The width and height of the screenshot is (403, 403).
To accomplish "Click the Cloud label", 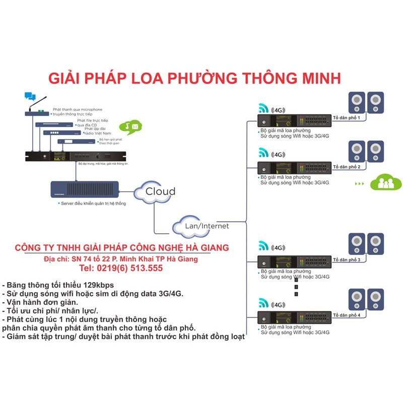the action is [x=160, y=191].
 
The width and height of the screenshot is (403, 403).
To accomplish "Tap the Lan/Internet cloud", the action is [x=200, y=226].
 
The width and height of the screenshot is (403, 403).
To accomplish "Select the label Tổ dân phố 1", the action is [x=346, y=118].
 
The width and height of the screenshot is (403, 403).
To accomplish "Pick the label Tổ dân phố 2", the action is [x=346, y=166].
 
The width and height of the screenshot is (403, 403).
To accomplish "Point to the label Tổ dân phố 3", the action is [x=346, y=259].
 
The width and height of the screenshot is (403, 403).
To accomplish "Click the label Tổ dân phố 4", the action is [x=346, y=315].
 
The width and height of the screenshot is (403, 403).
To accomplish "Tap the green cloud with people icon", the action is [x=386, y=182].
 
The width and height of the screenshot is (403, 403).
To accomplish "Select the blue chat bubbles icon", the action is [x=30, y=96].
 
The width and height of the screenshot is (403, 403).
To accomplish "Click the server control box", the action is [x=85, y=189].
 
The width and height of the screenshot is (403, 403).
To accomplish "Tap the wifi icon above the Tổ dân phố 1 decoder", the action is [x=263, y=108].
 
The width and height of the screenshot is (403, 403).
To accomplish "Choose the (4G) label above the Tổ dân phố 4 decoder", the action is [x=279, y=304].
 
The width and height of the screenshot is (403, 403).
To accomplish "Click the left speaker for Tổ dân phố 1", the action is [x=357, y=103].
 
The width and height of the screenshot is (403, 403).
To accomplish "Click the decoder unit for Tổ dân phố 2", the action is [x=294, y=168].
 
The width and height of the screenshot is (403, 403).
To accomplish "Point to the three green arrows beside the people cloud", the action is [x=359, y=184].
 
